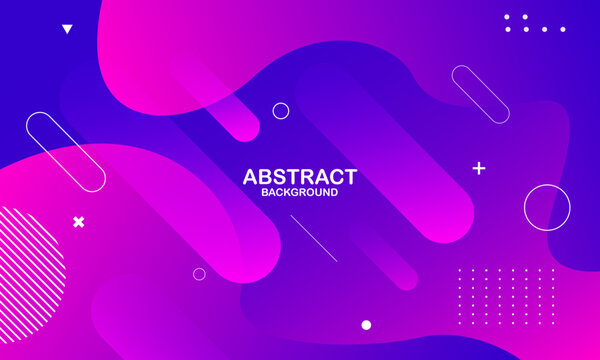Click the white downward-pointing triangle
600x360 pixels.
click(x=67, y=29)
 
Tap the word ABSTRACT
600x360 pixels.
click(x=299, y=177)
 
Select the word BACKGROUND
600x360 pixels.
click(x=299, y=192)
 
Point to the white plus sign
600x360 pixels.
click(x=479, y=168)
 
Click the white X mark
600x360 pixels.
click(x=79, y=221)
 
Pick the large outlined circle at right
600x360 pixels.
click(x=547, y=208)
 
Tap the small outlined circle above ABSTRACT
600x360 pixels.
click(x=281, y=110)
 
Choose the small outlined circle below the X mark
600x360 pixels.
click(x=199, y=274)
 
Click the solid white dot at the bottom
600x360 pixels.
click(x=366, y=325)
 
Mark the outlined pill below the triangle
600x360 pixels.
click(x=66, y=152)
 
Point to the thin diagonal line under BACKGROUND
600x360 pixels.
click(x=313, y=238)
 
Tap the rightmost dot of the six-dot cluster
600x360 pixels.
click(x=562, y=29)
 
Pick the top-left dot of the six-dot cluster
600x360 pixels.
click(x=508, y=17)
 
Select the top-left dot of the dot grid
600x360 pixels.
click(x=459, y=270)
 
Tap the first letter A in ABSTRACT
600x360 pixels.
click(x=251, y=177)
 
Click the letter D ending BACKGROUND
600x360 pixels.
click(x=333, y=192)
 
